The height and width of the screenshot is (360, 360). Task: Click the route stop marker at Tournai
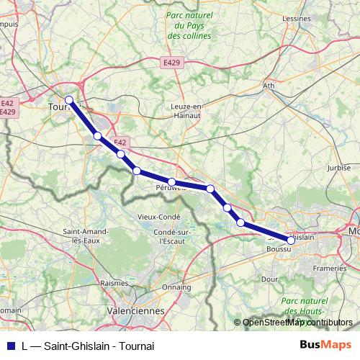69,100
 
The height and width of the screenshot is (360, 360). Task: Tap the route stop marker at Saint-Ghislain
291,240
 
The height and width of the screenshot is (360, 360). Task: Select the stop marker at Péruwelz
172,181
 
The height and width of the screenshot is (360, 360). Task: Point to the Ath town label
269,86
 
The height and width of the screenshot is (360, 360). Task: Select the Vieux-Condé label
159,217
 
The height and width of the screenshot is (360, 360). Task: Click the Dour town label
269,278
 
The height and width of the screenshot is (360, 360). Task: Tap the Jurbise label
338,168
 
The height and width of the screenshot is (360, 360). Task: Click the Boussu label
278,249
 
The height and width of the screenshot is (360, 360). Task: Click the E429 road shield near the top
171,63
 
